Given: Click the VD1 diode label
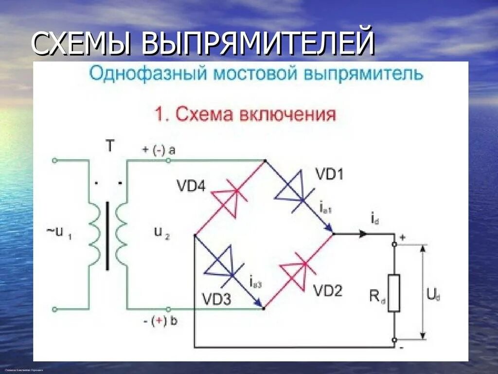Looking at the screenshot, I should click(x=329, y=174).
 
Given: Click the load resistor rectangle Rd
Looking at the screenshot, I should click(x=394, y=293).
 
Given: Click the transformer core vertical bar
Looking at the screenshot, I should click(x=107, y=236).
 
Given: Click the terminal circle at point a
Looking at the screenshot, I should click(x=169, y=160).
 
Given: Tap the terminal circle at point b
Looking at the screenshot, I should click(x=169, y=309).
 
